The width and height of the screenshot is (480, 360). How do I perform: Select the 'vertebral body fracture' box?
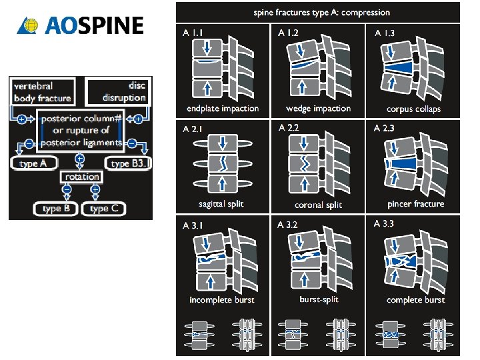point(43,92)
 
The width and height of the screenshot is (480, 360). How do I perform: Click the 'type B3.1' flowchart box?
point(129,163)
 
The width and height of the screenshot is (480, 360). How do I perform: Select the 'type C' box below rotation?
point(103,209)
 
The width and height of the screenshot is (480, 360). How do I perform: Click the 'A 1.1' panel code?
point(193,33)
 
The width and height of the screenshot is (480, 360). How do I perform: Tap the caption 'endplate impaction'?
point(222,109)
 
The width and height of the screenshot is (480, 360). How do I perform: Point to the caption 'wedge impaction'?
point(318,109)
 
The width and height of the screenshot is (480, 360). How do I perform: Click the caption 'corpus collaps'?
point(413,109)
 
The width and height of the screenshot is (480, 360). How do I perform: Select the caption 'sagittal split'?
point(220,204)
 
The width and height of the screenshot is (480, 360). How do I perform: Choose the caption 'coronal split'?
point(318,205)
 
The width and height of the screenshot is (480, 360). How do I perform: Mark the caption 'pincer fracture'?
point(415,204)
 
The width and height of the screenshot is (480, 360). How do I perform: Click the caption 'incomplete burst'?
point(222,300)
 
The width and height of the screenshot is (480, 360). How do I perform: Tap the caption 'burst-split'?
point(318,300)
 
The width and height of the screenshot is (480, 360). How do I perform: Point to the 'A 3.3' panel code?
point(385,224)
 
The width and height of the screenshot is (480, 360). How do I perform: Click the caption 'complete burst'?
point(415,300)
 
